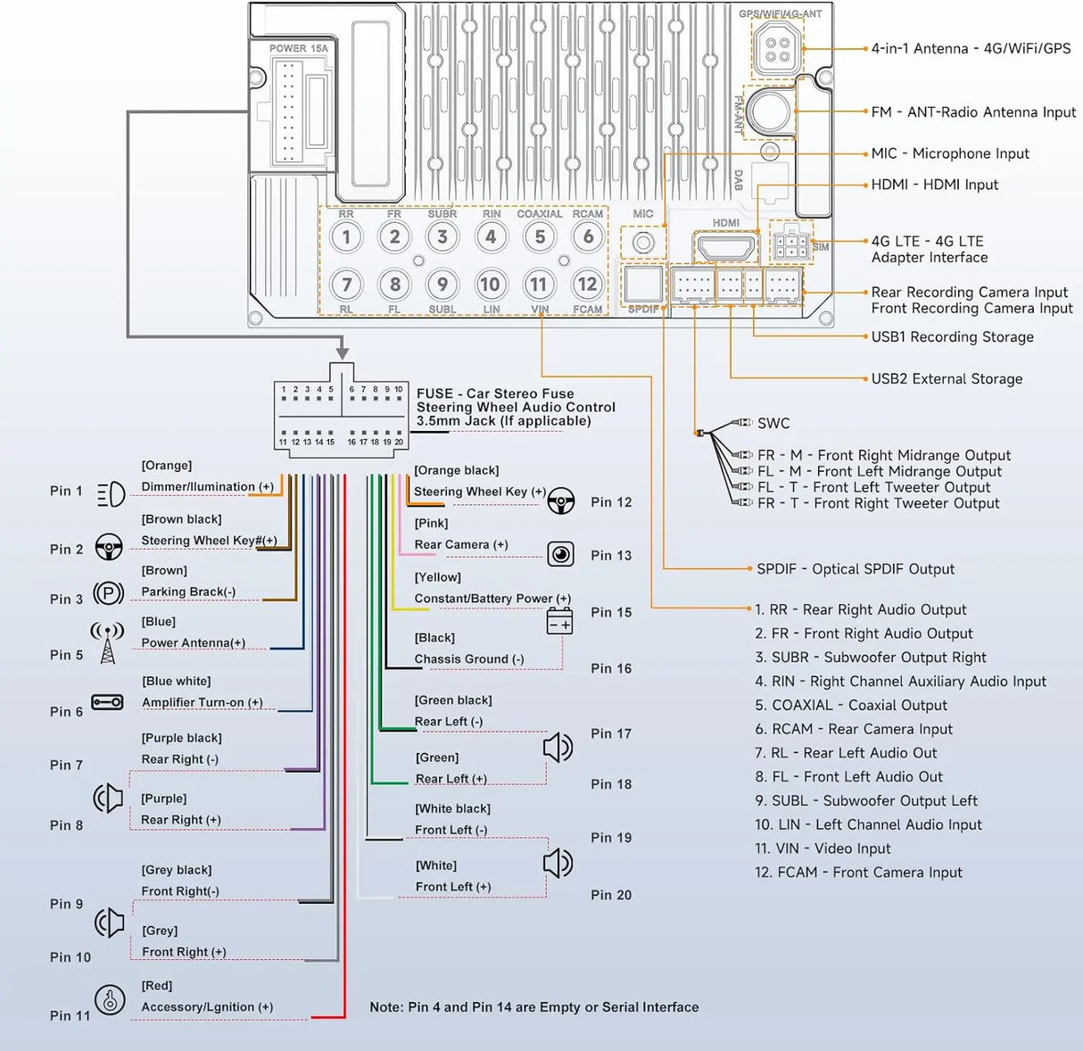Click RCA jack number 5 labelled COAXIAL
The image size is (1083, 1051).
tap(540, 236)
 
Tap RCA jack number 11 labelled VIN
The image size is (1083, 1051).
tap(538, 285)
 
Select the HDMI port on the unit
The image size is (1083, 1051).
tap(725, 247)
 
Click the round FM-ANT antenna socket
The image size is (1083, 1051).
tap(769, 111)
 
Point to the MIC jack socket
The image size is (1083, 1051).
tap(643, 243)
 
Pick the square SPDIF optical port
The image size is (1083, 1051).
tap(643, 285)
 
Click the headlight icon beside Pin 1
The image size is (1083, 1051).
tap(112, 493)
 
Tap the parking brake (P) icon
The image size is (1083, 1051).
tap(109, 592)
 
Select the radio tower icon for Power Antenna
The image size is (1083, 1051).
tap(107, 643)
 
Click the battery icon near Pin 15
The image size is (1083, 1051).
tap(559, 621)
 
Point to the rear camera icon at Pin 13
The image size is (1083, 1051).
tap(560, 554)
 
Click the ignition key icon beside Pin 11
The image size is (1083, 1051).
tap(111, 999)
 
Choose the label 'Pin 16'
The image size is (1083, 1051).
tap(611, 668)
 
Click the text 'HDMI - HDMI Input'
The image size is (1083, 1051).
tap(934, 185)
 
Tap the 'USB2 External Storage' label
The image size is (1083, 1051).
tap(947, 378)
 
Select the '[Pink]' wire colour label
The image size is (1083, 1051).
tap(431, 524)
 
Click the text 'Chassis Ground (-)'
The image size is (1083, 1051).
tap(469, 659)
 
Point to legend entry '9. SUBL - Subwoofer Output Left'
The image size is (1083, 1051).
tap(866, 800)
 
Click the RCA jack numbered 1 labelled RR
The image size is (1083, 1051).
tap(346, 236)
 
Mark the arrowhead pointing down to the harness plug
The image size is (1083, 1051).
tap(343, 352)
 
